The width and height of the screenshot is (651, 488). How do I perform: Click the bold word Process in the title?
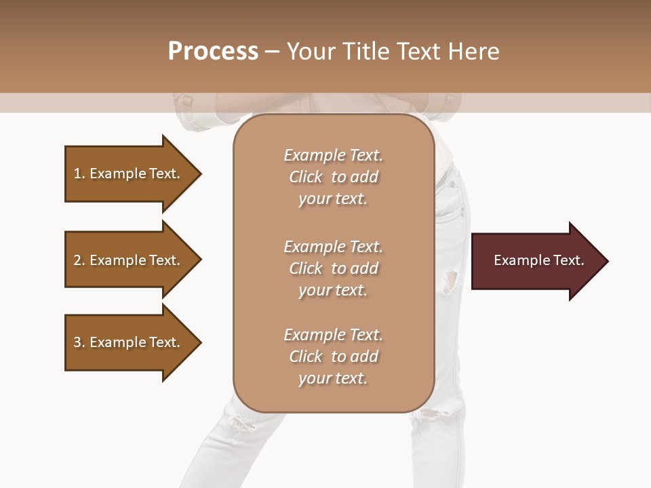[x=213, y=52]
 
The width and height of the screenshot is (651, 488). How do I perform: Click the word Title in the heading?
[x=365, y=52]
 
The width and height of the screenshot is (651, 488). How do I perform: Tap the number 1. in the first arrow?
[x=79, y=174]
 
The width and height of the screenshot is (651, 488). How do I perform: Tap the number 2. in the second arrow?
[x=79, y=260]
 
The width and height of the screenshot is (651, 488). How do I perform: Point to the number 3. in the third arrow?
[x=79, y=342]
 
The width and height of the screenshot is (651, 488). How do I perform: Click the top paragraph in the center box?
[x=333, y=177]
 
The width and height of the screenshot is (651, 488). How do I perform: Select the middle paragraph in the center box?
[x=333, y=268]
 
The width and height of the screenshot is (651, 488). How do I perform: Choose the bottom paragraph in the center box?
[x=333, y=357]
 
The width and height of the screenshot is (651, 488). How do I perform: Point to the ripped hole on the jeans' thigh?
[x=450, y=281]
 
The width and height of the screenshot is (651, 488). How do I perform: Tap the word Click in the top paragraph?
[x=306, y=177]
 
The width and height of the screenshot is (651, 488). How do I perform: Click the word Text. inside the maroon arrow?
[x=566, y=260]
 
